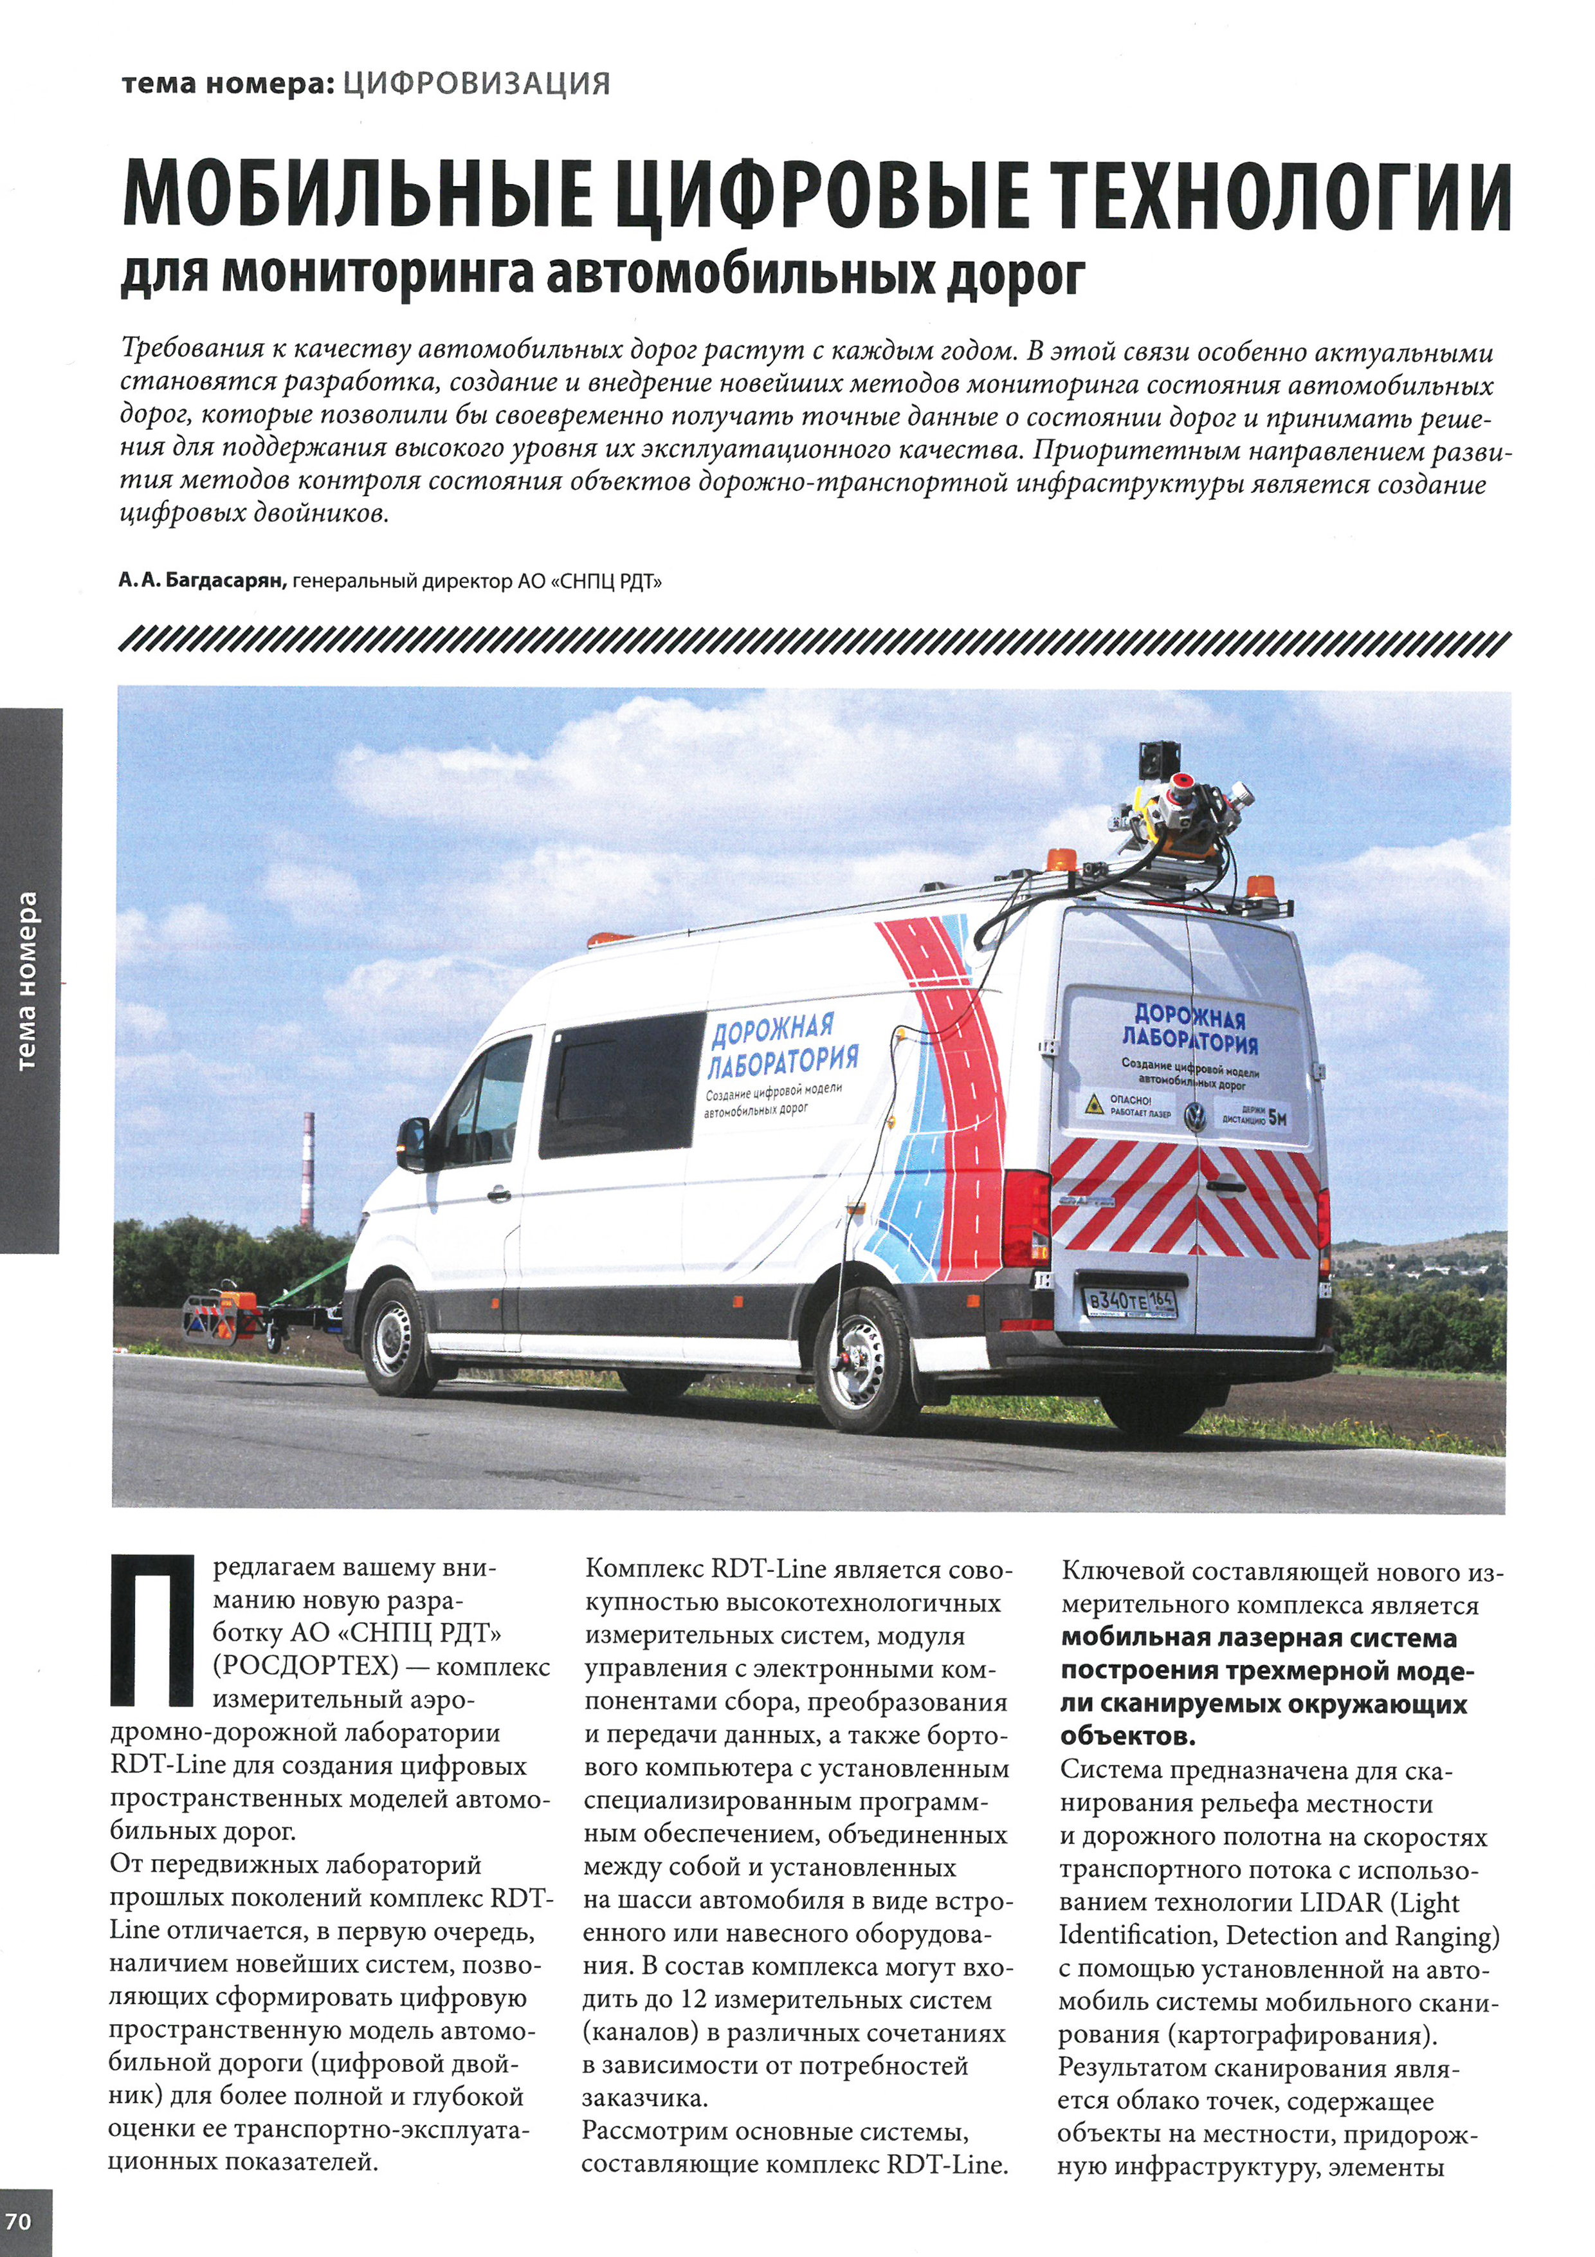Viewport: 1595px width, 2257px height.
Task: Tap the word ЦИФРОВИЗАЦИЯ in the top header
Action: [477, 84]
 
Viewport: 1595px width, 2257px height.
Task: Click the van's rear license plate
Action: [1129, 1302]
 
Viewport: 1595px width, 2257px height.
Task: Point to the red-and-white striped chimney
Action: [307, 1169]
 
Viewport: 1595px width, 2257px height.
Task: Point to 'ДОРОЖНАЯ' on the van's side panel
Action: [772, 1029]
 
